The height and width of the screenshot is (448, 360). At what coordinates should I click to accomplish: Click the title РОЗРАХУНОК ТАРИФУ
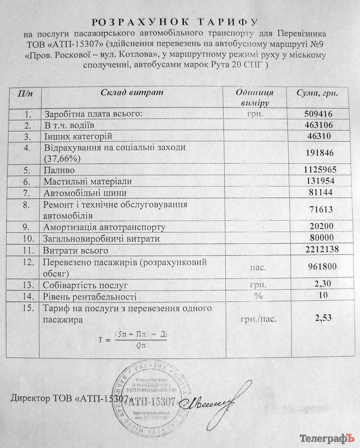point(175,22)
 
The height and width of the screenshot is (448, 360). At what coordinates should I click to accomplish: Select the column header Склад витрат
point(132,92)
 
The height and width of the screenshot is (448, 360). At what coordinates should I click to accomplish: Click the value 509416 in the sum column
point(318,114)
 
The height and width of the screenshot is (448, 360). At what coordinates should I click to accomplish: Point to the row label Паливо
point(59,170)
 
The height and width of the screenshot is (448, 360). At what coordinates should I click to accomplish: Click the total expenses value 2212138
point(322,249)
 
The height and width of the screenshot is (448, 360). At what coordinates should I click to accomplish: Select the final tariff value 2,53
point(323,318)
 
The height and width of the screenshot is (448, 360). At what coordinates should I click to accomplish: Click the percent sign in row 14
point(258,296)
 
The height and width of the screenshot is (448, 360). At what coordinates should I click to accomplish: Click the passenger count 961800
point(322,266)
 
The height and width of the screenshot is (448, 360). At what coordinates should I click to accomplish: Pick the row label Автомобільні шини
point(85,193)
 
